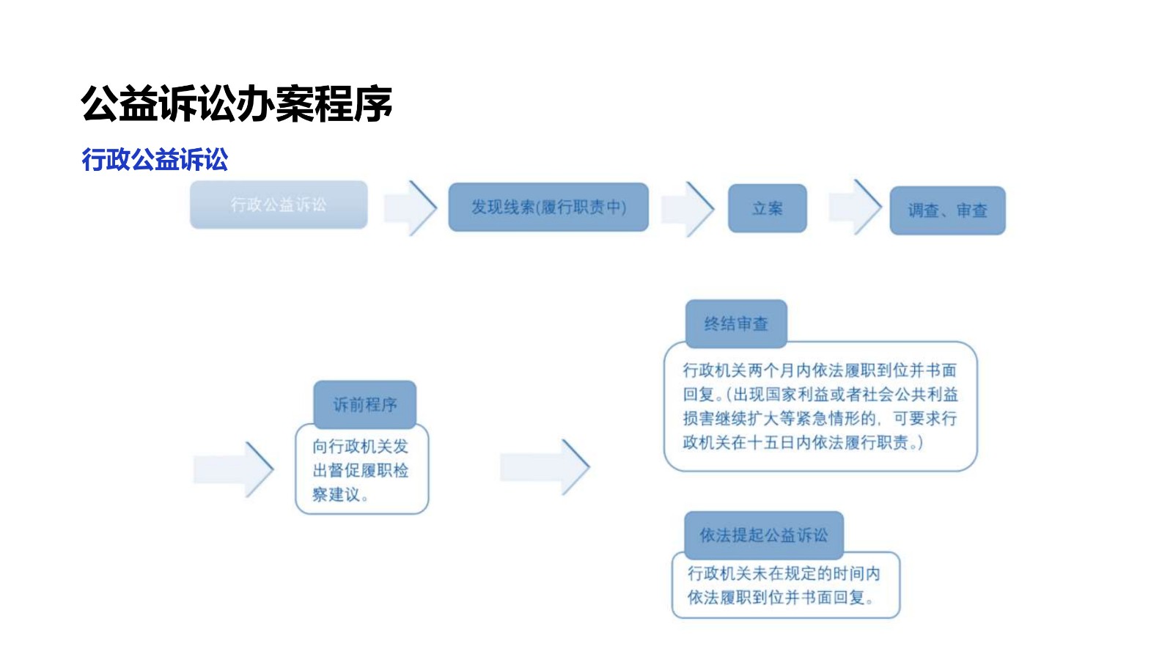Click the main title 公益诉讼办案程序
click(x=236, y=103)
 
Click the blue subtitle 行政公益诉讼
click(x=155, y=159)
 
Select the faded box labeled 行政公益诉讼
click(x=279, y=205)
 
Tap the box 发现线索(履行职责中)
click(x=548, y=208)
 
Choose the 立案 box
click(x=767, y=209)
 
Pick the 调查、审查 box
click(x=947, y=211)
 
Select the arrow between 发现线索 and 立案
click(x=687, y=209)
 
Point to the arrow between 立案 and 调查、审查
click(x=855, y=208)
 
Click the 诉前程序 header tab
click(x=365, y=404)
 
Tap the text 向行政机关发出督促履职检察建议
click(x=361, y=470)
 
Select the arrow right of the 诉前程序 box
click(x=545, y=467)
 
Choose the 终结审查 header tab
click(x=736, y=323)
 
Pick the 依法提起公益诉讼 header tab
click(x=763, y=535)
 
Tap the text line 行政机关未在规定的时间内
click(x=783, y=573)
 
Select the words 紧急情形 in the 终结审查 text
click(x=827, y=419)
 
